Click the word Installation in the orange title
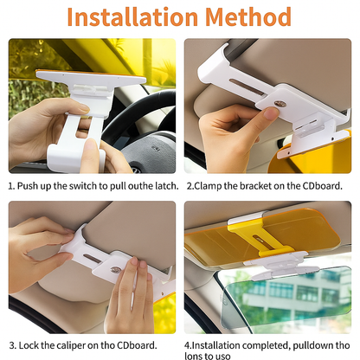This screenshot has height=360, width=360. (x=132, y=16)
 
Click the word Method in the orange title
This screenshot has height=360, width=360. (x=248, y=16)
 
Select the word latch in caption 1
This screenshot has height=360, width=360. (x=167, y=186)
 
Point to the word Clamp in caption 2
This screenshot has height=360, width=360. (x=208, y=186)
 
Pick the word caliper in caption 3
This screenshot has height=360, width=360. (x=71, y=345)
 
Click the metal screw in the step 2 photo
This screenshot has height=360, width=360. (x=280, y=104)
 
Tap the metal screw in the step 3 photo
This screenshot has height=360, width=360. (x=116, y=269)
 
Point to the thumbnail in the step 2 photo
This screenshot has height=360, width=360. (x=271, y=113)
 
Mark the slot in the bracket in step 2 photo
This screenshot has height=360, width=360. (x=247, y=87)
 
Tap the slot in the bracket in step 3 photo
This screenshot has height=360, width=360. (x=93, y=258)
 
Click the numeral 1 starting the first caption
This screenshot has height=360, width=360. (x=11, y=186)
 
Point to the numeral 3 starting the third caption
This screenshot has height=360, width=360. (x=13, y=345)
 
